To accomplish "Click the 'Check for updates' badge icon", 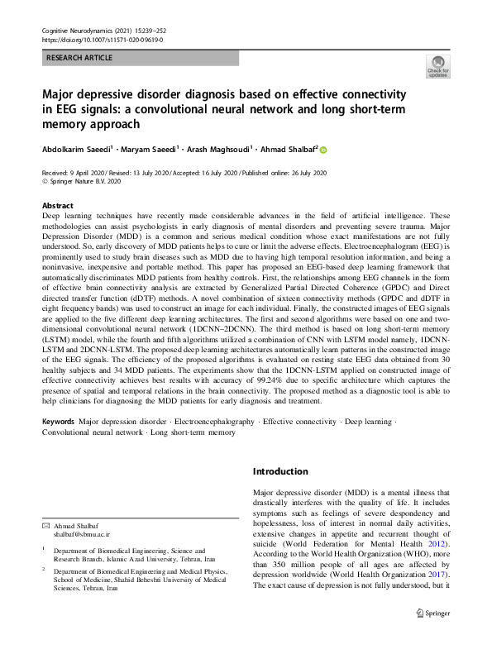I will click(x=437, y=66).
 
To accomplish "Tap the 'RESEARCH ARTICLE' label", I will click(x=77, y=59).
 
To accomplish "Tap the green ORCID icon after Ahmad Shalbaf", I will click(x=323, y=150).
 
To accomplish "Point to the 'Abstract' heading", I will click(x=57, y=205).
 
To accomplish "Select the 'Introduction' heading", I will click(x=279, y=470).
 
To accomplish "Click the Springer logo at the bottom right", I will click(x=433, y=636).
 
